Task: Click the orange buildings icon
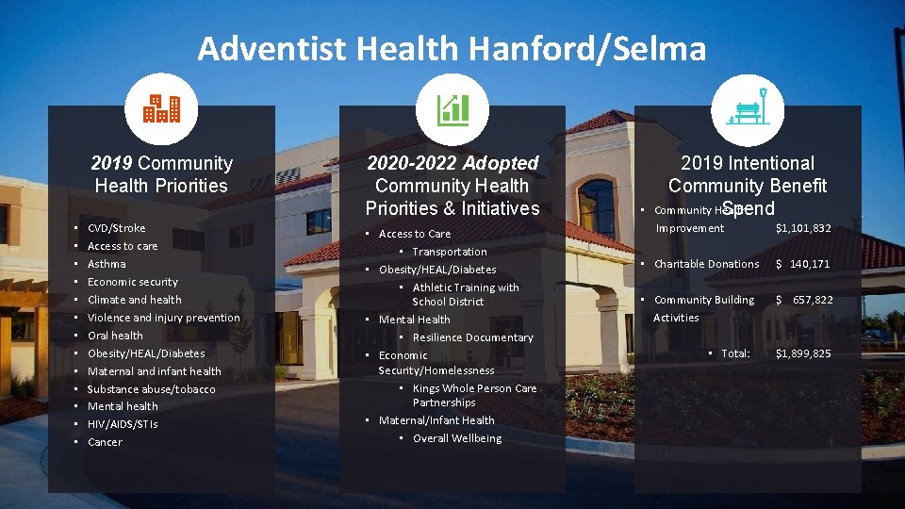[161, 109]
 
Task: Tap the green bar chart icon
[452, 109]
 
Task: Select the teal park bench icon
[748, 109]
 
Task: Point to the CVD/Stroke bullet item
[116, 228]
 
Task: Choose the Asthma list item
[107, 264]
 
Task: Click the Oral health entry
[115, 336]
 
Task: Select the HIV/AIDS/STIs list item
[123, 424]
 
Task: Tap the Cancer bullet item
[105, 442]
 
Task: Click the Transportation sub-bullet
[449, 252]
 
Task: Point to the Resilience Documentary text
[472, 337]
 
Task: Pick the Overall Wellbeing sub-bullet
[456, 438]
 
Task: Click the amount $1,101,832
[803, 228]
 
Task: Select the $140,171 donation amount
[803, 264]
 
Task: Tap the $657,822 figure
[804, 300]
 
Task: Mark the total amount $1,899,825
[803, 353]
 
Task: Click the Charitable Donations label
[706, 264]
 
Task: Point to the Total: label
[735, 353]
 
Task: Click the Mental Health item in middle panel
[414, 320]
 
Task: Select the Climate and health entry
[135, 300]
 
